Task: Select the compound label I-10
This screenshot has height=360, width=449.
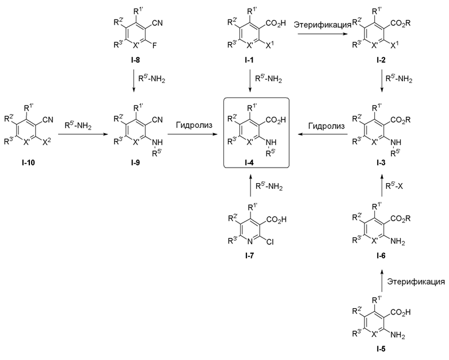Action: click(x=28, y=163)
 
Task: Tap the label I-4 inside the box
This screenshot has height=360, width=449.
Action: click(x=249, y=163)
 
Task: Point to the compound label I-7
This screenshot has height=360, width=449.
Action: click(x=250, y=256)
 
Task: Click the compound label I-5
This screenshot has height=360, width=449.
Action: click(x=381, y=349)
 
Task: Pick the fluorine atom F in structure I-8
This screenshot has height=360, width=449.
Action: click(x=154, y=46)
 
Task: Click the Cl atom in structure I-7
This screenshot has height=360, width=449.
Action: click(x=270, y=242)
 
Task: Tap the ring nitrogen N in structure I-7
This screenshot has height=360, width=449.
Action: click(x=250, y=242)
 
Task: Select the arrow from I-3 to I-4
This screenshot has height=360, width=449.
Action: click(x=323, y=134)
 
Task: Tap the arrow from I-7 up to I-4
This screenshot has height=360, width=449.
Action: click(x=250, y=185)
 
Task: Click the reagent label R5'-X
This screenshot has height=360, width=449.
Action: click(x=394, y=186)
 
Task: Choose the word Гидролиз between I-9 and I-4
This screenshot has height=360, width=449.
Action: click(x=195, y=125)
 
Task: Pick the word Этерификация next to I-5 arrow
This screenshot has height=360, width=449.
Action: click(x=416, y=282)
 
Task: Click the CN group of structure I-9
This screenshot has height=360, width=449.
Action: click(x=157, y=120)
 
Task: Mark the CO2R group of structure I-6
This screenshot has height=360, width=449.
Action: click(x=400, y=219)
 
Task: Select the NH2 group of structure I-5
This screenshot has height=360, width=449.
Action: click(x=398, y=335)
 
